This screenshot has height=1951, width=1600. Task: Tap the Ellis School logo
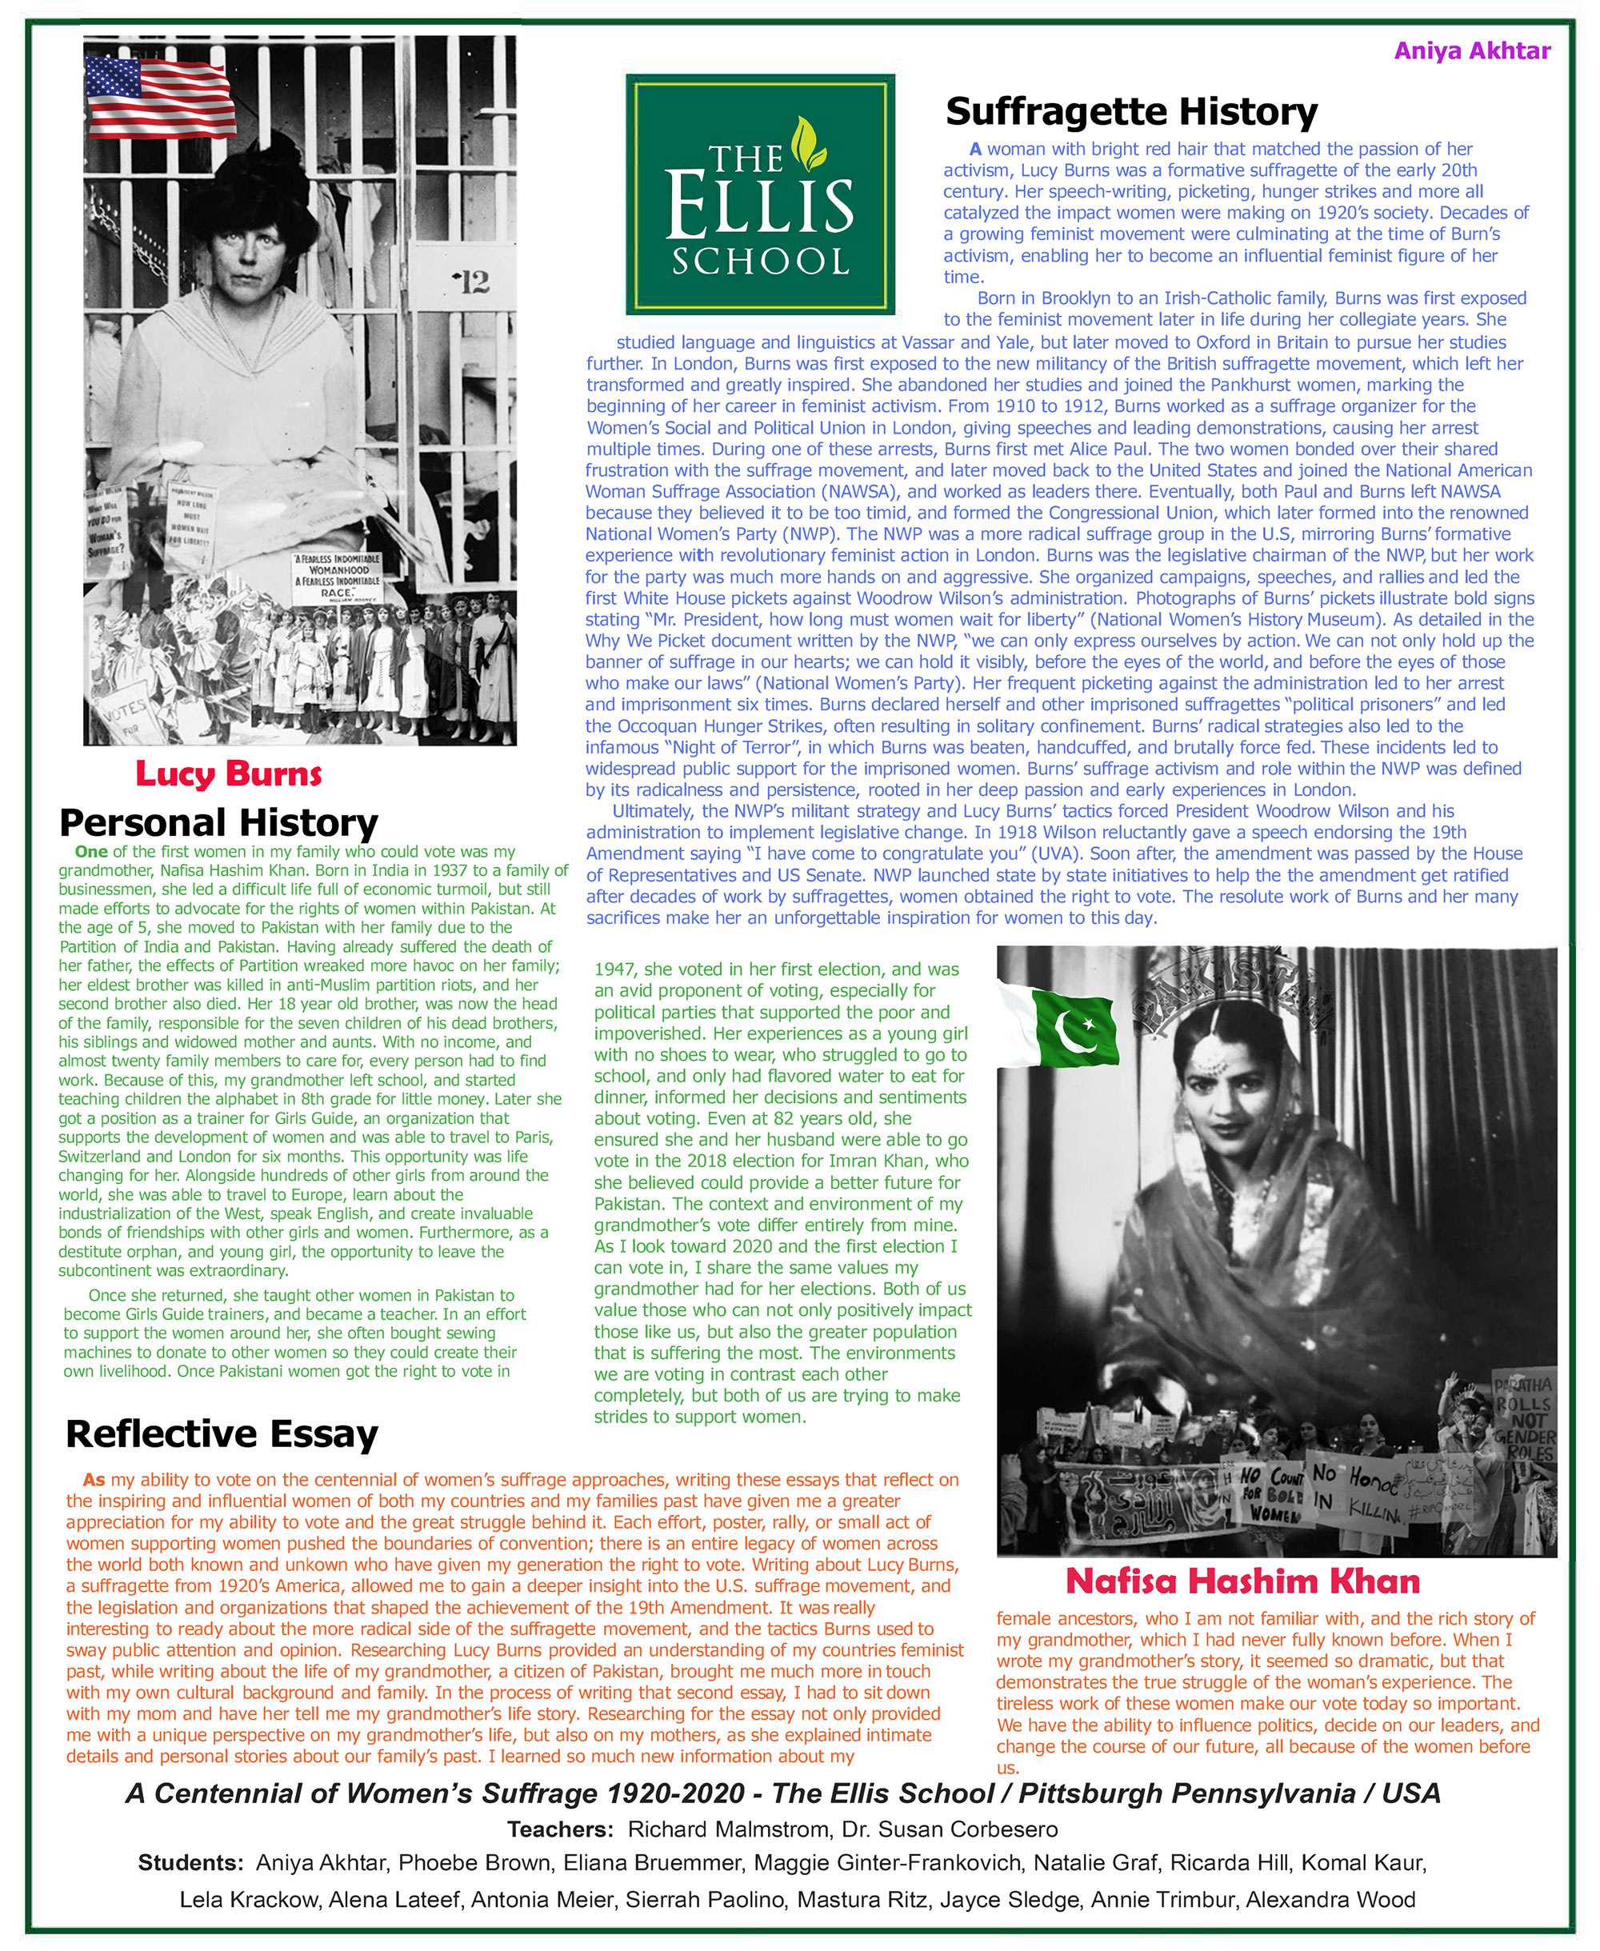(760, 194)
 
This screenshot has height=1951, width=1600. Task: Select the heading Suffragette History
(1132, 111)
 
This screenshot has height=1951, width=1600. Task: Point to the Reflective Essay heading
(222, 1433)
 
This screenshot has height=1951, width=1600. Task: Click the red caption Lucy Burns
(229, 774)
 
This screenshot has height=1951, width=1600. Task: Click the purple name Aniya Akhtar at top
(1472, 50)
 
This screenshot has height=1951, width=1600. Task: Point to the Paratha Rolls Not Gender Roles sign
(1523, 1420)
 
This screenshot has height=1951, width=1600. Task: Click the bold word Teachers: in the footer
(559, 1830)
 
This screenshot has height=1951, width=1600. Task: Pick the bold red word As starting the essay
(94, 1480)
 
